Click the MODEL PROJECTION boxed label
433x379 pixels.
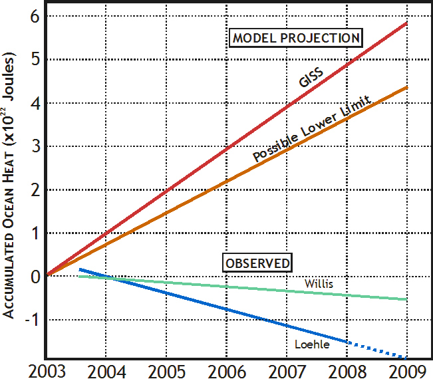coord(297,38)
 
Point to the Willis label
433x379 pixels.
coord(319,284)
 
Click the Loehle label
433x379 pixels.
coord(308,344)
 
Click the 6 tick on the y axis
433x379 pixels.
coord(34,16)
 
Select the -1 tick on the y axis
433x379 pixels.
coord(31,320)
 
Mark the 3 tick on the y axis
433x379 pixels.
coord(34,146)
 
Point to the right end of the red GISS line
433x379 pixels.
coord(406,24)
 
